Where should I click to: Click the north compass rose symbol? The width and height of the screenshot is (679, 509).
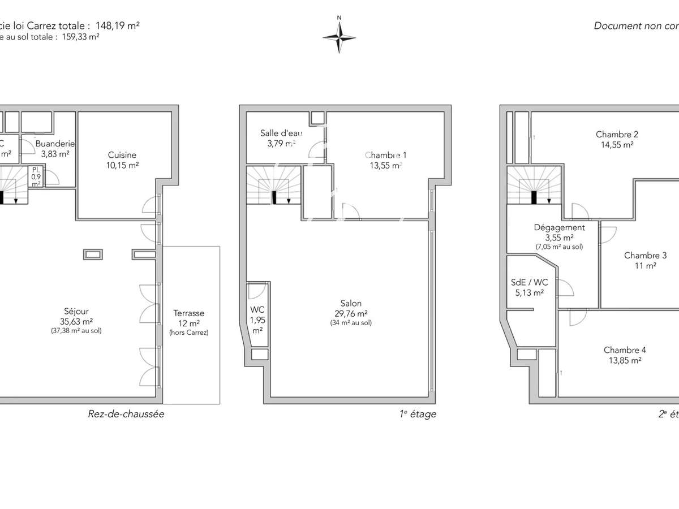(339, 37)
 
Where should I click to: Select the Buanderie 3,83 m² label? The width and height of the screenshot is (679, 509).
(55, 149)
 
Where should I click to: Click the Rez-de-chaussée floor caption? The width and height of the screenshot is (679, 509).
(126, 414)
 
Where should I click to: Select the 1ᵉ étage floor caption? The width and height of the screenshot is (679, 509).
(418, 414)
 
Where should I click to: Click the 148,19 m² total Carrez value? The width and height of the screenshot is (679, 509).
(118, 25)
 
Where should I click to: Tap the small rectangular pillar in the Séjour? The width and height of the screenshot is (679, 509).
(93, 255)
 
